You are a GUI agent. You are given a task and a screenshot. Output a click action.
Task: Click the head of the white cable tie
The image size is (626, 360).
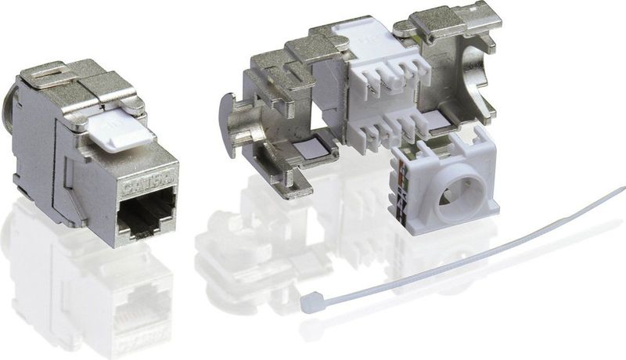(x=311, y=300)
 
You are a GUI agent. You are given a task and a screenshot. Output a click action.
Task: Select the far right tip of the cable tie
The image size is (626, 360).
(x=621, y=189)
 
